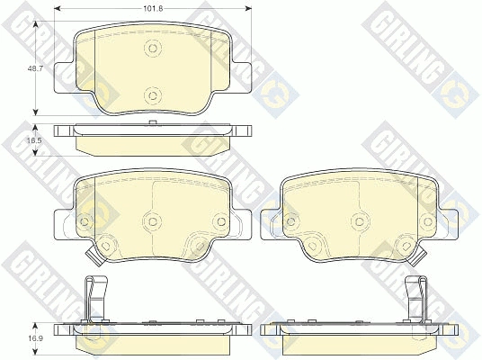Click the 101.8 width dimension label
pos(153,8)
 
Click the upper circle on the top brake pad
pos(153,48)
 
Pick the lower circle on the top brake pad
pos(153,95)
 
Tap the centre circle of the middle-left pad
pos(153,220)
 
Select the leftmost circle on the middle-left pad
pos(84,220)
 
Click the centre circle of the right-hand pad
pos(360,220)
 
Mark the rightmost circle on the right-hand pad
pos(428,220)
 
